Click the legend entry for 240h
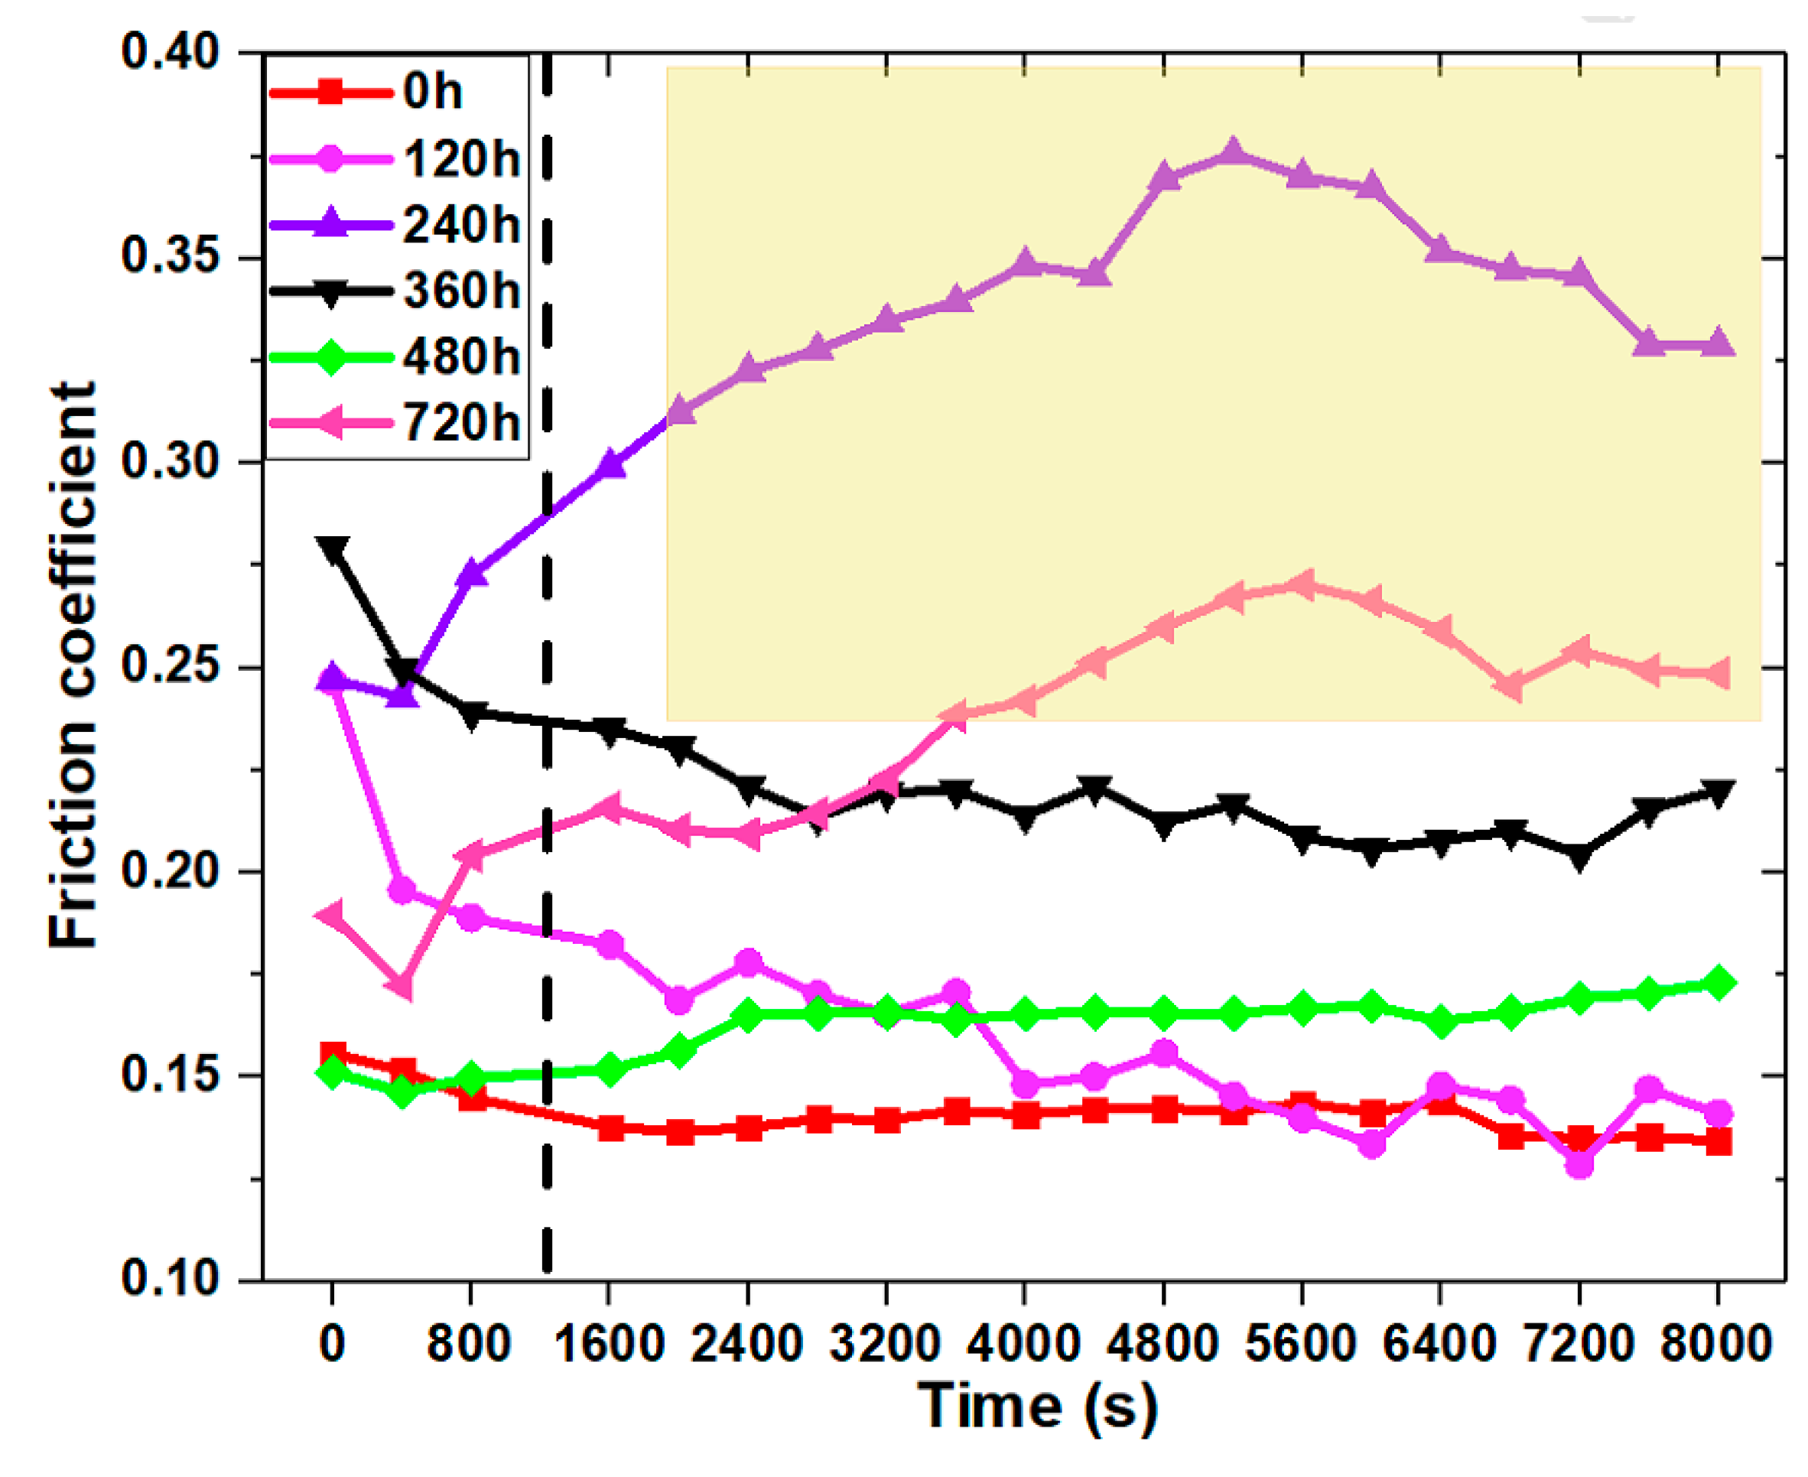pos(460,226)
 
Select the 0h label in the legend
pos(432,91)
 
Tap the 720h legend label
pos(460,422)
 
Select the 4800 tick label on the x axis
pos(1163,1344)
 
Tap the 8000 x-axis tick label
pos(1715,1344)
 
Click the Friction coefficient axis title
pos(73,665)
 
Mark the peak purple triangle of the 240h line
pos(1232,153)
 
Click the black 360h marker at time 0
pos(332,548)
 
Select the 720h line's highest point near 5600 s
pos(1302,584)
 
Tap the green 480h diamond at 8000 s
pos(1717,983)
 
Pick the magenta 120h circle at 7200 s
pos(1579,1164)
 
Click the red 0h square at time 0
pos(333,1055)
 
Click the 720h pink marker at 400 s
pos(402,986)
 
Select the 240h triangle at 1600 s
pos(610,464)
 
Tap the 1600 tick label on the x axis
pos(607,1344)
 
